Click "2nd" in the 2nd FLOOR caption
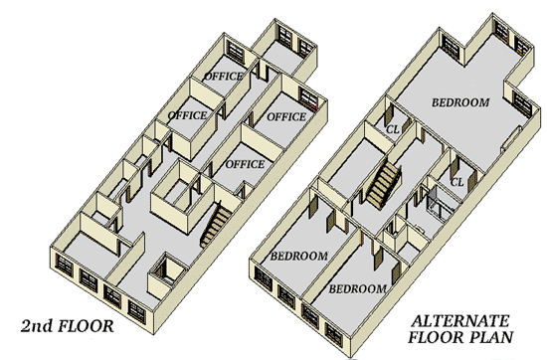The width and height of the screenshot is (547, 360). click(37, 326)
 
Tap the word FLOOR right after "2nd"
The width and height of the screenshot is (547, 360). click(86, 326)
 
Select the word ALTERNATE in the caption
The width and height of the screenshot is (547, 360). click(460, 321)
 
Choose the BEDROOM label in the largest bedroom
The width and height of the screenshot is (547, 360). click(460, 102)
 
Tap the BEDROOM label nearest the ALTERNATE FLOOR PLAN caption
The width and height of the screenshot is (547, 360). click(358, 288)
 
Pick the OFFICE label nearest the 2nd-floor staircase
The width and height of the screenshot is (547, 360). click(245, 164)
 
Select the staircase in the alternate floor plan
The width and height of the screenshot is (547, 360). click(383, 184)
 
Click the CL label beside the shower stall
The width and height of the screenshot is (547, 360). click(457, 182)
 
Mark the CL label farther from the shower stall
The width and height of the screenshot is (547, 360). click(393, 129)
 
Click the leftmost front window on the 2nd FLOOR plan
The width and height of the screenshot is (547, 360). click(65, 266)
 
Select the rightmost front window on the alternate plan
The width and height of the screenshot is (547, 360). click(334, 335)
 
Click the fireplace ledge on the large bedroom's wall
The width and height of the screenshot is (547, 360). click(511, 138)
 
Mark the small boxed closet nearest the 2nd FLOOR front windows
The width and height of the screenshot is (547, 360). click(167, 273)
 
